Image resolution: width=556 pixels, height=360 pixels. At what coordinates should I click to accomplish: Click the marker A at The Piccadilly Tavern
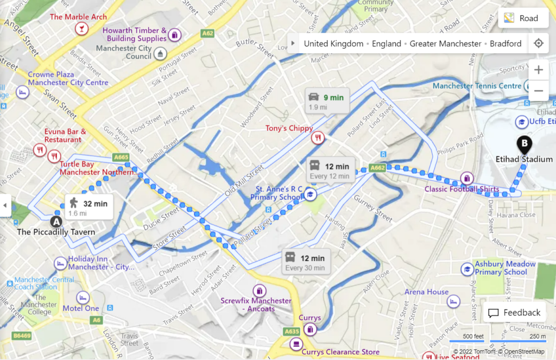click(x=56, y=222)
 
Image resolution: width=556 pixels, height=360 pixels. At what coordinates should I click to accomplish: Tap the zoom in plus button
click(x=538, y=70)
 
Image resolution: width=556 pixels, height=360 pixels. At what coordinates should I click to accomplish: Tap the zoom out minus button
click(x=538, y=91)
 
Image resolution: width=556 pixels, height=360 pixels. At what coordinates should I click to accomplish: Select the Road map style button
click(x=521, y=18)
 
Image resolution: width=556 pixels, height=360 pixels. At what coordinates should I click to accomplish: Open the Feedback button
click(x=514, y=313)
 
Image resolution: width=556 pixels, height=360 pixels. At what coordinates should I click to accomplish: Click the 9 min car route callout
click(x=326, y=101)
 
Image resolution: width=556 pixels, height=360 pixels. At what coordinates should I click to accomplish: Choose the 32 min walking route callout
click(x=89, y=207)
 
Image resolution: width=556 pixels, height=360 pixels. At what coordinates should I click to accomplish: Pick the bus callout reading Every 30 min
click(x=305, y=262)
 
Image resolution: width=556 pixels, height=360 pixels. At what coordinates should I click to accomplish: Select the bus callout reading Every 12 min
click(x=329, y=170)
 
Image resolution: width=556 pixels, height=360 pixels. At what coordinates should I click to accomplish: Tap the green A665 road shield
click(x=121, y=157)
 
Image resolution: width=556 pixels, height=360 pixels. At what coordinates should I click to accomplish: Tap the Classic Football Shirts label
click(x=462, y=189)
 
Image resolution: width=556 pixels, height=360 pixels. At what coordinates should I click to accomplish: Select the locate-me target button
click(x=538, y=43)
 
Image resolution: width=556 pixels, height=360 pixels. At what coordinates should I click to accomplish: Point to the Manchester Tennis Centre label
click(x=477, y=86)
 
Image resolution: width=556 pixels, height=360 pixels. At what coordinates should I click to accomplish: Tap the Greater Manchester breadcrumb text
click(x=445, y=44)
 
